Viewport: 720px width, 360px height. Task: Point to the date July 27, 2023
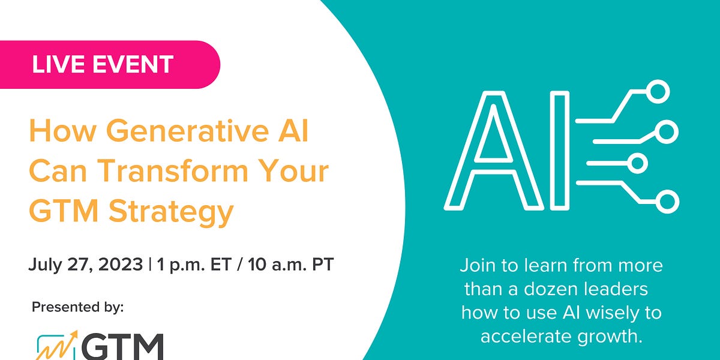82,265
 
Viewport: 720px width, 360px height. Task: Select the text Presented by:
77,307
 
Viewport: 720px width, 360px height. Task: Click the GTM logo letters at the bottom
123,347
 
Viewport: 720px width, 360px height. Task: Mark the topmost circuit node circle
659,92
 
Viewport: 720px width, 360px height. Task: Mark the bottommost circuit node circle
667,201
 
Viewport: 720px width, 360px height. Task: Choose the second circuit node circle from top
668,131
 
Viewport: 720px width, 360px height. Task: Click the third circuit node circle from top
638,162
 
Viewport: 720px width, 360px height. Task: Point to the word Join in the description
478,265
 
